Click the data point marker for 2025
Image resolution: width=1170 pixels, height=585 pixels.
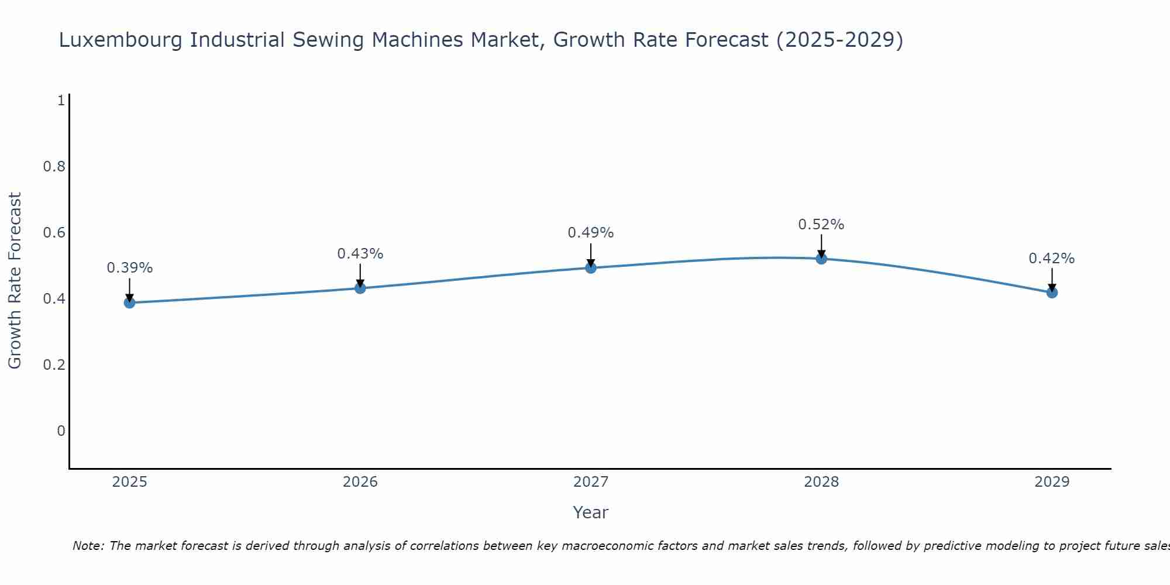pos(129,302)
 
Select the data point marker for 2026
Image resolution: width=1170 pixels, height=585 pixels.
pos(360,288)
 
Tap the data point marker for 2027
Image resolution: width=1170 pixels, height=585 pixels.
pos(591,268)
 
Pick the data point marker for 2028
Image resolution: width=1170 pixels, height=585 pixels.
pos(821,259)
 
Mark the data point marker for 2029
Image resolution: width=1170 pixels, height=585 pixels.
pos(1052,292)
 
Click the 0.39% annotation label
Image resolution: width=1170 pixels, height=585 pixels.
pos(129,268)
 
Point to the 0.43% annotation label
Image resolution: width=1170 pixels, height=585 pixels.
pos(360,254)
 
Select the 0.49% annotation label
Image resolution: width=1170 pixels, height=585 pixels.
pos(591,233)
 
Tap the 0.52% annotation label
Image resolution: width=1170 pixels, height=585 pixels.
pos(821,225)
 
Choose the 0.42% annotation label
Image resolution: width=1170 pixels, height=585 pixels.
pos(1052,259)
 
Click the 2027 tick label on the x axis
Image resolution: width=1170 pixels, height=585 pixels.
pos(591,482)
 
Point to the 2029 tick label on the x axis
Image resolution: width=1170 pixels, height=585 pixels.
pos(1052,482)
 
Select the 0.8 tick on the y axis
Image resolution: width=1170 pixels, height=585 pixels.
pos(54,167)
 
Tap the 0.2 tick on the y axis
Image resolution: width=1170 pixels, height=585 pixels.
pos(54,365)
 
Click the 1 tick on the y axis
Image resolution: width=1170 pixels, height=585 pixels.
pos(61,101)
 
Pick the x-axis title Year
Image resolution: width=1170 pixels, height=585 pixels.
pos(591,512)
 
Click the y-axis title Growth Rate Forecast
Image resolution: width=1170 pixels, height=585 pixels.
pos(15,281)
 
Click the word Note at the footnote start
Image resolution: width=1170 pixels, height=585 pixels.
pos(87,546)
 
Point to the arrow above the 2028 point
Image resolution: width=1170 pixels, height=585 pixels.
pos(821,246)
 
